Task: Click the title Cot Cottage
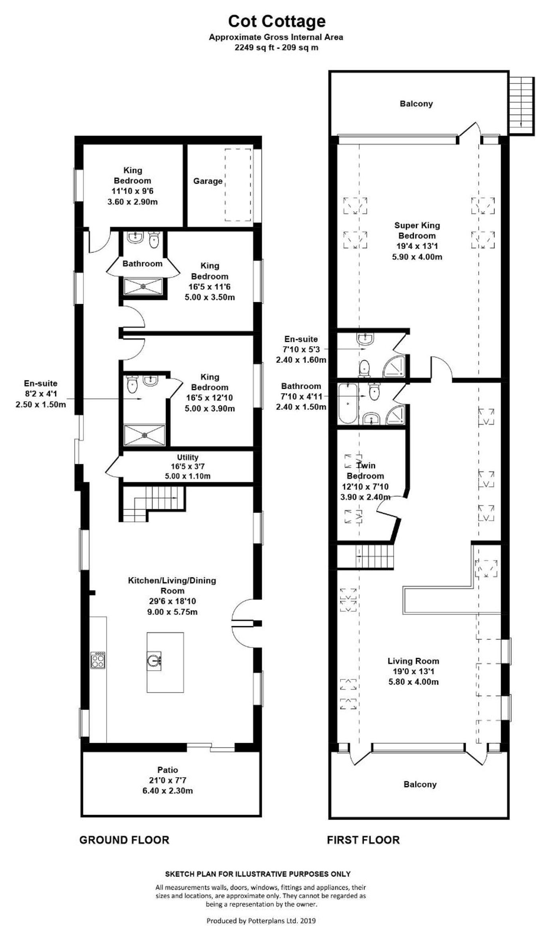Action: coord(277,21)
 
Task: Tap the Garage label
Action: coord(208,181)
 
